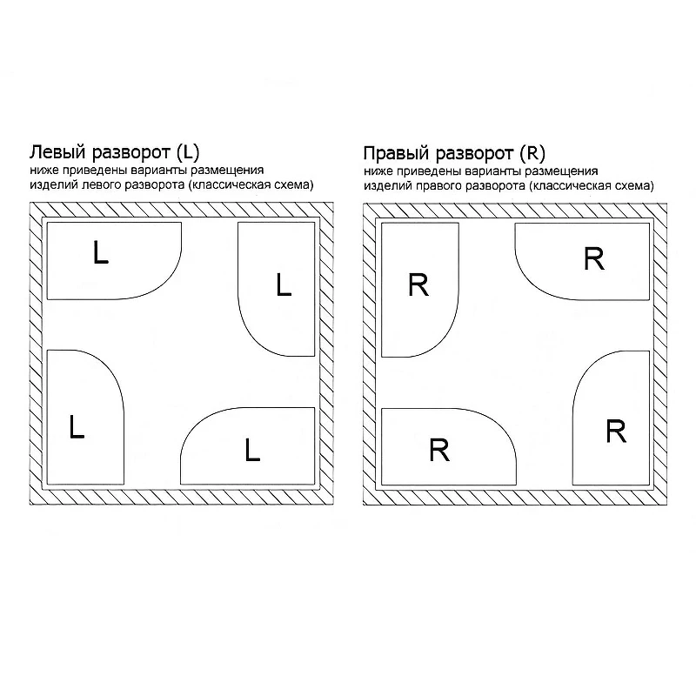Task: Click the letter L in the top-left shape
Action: (x=101, y=251)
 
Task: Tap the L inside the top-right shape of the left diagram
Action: (x=284, y=284)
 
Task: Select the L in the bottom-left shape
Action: (x=77, y=426)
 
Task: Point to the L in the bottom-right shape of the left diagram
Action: (x=252, y=449)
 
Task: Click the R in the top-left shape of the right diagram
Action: (x=418, y=284)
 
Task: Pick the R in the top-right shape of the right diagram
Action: (x=594, y=258)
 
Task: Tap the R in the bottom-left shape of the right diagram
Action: (x=439, y=450)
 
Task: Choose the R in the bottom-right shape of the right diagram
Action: (x=616, y=431)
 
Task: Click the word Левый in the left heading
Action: (x=57, y=152)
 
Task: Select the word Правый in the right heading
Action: (x=398, y=154)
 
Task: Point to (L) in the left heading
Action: (x=188, y=152)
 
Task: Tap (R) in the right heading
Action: (x=532, y=154)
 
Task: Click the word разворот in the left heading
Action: (x=131, y=153)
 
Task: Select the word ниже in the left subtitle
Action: (x=44, y=170)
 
